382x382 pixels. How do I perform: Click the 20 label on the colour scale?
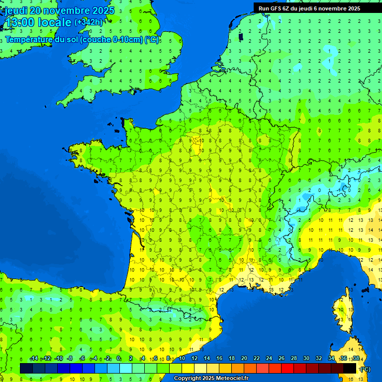point(244,358)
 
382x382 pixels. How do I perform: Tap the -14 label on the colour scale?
point(34,358)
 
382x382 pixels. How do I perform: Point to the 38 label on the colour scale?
point(356,358)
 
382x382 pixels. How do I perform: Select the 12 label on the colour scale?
point(194,358)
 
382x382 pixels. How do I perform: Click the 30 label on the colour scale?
point(306,358)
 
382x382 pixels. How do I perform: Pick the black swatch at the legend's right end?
point(350,368)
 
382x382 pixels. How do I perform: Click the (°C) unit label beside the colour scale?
point(365,369)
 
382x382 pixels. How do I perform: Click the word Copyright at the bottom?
point(188,378)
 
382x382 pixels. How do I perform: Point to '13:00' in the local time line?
point(19,23)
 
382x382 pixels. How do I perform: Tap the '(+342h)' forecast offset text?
point(88,22)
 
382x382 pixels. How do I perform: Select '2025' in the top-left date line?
point(103,10)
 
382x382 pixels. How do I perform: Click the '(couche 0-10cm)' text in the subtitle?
point(112,39)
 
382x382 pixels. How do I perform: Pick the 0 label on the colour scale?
point(118,358)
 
